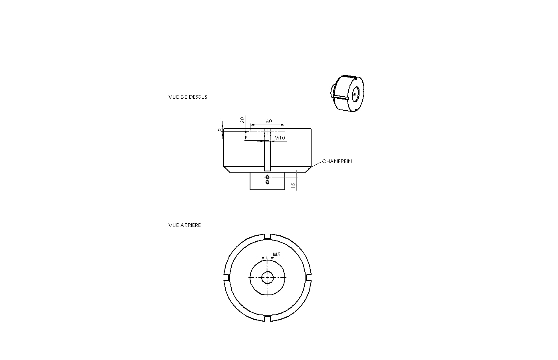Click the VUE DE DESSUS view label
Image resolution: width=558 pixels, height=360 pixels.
(188, 97)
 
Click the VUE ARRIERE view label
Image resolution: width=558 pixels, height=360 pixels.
(185, 225)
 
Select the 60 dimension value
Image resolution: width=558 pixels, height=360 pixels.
(269, 121)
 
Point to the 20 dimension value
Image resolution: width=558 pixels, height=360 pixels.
(242, 120)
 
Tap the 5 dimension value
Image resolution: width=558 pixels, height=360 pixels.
(219, 129)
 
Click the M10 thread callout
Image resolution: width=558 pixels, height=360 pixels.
(280, 138)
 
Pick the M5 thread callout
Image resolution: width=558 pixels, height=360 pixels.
(276, 255)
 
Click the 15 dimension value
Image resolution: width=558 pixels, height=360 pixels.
(293, 185)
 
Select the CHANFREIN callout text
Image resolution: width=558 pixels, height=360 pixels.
(337, 161)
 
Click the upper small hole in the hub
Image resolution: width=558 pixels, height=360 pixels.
(268, 177)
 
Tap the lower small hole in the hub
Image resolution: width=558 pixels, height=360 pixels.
(268, 182)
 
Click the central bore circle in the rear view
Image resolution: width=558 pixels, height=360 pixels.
(268, 272)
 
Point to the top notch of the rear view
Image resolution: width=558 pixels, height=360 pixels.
(268, 237)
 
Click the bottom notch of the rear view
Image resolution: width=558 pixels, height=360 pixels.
(268, 318)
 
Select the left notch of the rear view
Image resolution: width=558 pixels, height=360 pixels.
(226, 278)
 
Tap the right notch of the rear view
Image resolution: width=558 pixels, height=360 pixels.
(308, 278)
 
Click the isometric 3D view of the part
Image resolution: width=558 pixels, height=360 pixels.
(347, 93)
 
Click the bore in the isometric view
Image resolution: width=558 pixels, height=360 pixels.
(355, 94)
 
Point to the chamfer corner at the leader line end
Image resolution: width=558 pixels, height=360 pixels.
(308, 169)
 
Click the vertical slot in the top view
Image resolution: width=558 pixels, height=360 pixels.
(267, 150)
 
